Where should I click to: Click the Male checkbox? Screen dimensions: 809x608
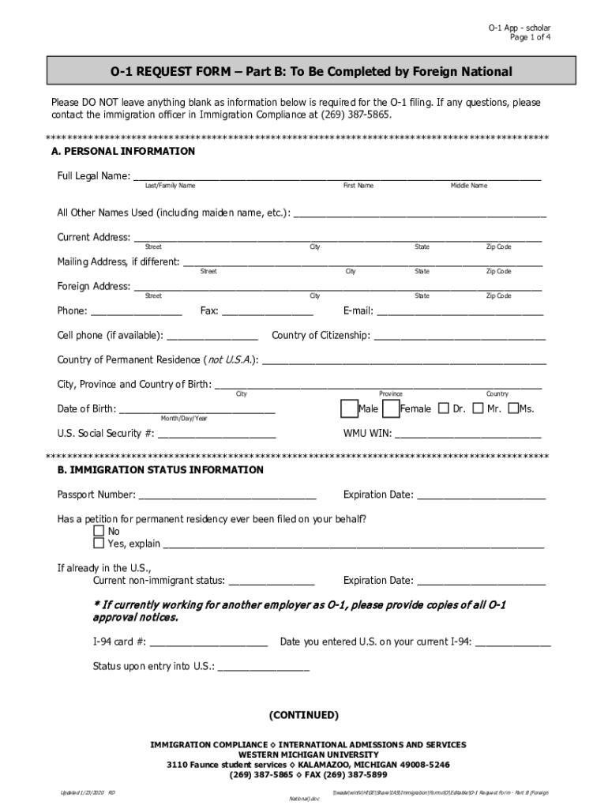coord(348,408)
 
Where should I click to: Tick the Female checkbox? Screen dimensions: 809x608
coord(390,408)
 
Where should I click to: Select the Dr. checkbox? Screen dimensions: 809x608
coord(443,408)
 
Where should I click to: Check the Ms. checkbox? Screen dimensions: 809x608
coord(513,408)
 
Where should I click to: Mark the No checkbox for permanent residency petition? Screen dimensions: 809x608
coord(99,531)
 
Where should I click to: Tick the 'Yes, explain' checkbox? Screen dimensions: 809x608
coord(99,544)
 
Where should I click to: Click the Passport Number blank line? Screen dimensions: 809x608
coord(227,496)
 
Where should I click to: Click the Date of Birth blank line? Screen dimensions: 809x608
coord(197,409)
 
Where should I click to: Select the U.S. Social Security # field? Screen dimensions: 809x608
coord(217,434)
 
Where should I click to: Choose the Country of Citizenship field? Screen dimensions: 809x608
coord(460,336)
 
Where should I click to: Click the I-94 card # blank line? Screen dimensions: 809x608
coord(208,642)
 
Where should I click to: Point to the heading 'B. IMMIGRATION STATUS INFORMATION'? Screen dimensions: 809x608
coord(160,470)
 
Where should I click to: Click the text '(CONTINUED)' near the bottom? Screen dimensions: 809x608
coord(304,716)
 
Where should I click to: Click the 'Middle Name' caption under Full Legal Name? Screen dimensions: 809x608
coord(469,186)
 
